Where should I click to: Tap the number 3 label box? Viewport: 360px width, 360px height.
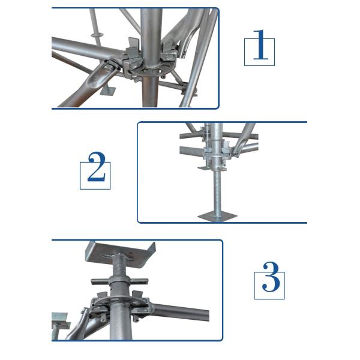269,283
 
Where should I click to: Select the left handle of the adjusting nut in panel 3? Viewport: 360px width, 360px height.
100,281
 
